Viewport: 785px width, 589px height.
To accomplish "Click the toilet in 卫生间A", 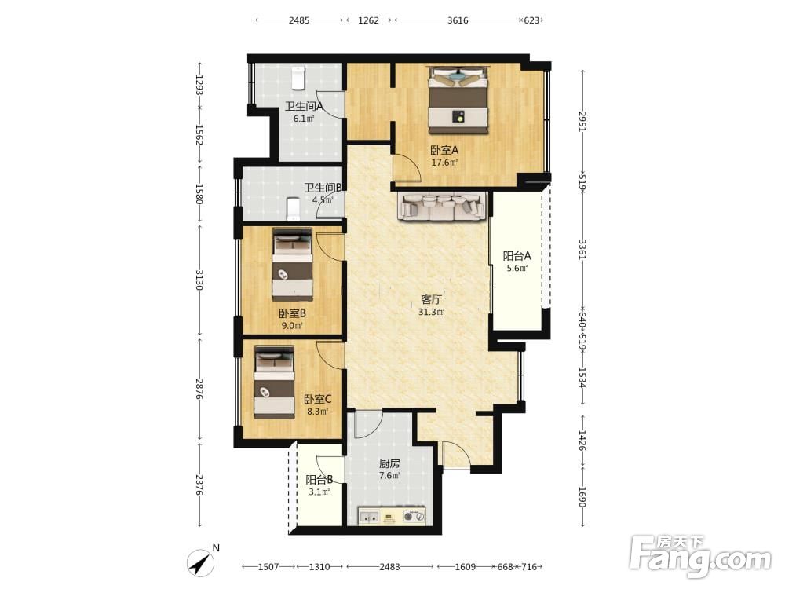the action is coord(298,78).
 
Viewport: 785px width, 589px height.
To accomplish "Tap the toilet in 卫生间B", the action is coord(293,210).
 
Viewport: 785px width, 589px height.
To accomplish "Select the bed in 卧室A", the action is coord(458,101).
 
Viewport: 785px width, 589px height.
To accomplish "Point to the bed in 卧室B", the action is coord(292,264).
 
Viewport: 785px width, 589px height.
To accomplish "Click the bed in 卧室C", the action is coord(274,382).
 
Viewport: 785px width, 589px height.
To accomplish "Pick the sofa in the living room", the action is coord(442,205).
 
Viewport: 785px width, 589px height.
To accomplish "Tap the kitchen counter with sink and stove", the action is coord(392,515).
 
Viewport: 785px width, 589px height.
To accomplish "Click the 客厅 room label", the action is coord(431,299).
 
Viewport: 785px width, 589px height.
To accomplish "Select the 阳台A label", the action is coord(517,256).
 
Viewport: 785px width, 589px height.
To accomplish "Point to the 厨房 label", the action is coord(389,463).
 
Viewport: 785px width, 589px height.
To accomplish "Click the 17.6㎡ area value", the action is coord(444,163).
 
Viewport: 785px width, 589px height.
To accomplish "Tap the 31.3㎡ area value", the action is coord(431,312).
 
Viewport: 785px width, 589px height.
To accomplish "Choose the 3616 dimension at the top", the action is coord(458,20).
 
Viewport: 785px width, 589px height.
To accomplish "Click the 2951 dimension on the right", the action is coord(582,122).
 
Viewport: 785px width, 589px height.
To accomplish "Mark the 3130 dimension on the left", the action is coord(199,280).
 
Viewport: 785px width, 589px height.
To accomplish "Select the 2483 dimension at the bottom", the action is coord(389,567).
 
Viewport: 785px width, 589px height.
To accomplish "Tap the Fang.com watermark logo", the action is coord(700,557).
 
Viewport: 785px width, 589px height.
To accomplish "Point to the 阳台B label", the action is coord(319,480).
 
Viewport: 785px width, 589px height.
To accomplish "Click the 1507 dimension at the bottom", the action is coord(268,567).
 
